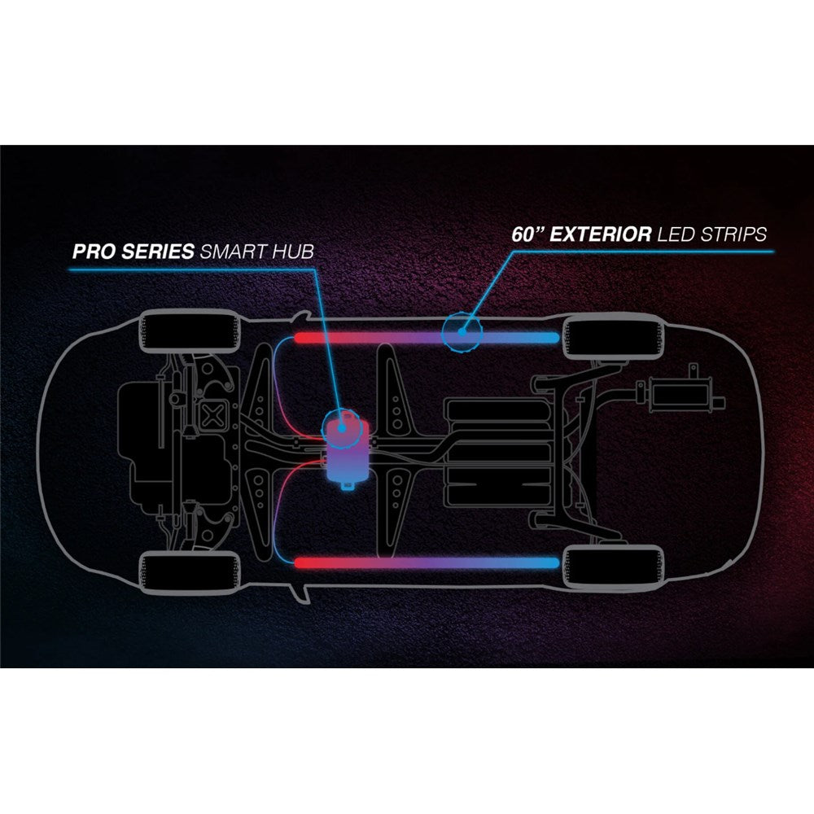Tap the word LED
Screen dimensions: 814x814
[x=677, y=234]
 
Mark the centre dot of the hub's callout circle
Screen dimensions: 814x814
[x=343, y=422]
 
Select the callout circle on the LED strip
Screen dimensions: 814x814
[x=462, y=332]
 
